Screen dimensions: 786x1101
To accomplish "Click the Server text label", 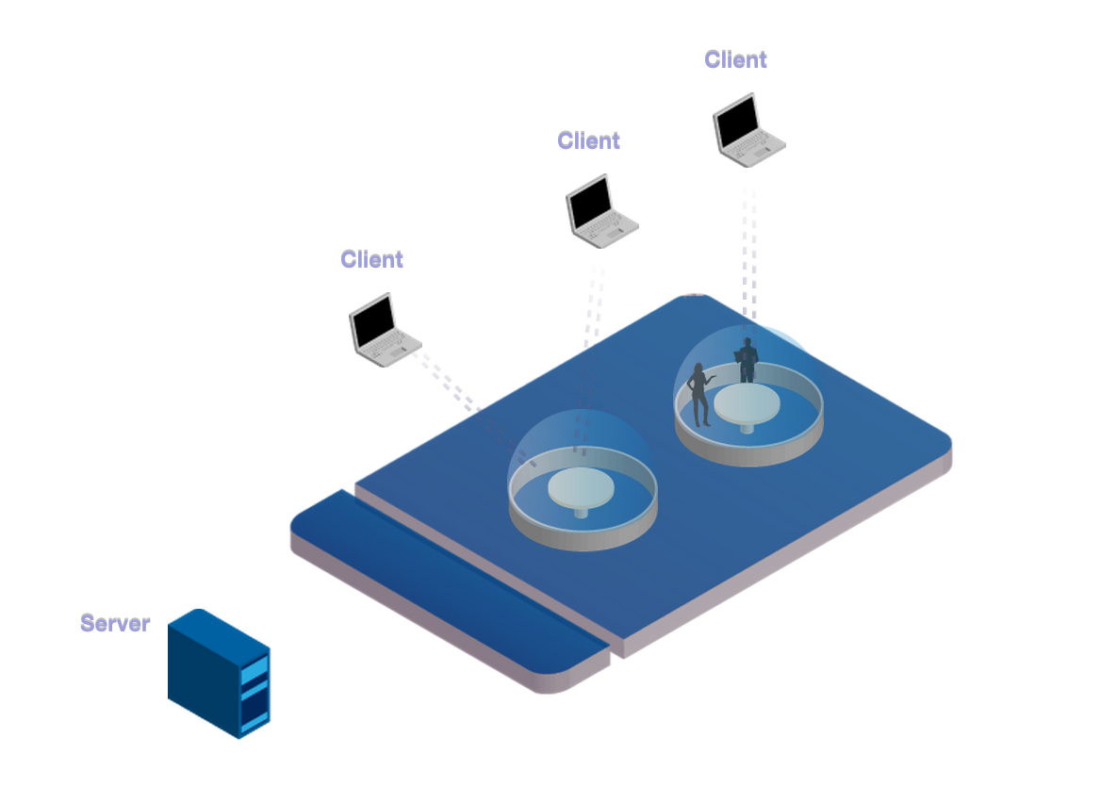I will [x=115, y=623].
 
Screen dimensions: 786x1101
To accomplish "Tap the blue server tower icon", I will [x=218, y=673].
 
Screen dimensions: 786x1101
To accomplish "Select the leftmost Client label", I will [x=371, y=259].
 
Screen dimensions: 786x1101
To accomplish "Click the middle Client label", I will [x=588, y=140].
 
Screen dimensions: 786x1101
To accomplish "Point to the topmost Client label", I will [x=735, y=59].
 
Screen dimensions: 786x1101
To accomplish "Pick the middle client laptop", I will [x=600, y=213].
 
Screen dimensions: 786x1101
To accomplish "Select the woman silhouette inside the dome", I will [x=700, y=396].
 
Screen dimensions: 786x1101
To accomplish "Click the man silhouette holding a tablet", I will [x=748, y=360].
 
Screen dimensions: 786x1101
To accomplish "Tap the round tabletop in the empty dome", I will [x=582, y=487].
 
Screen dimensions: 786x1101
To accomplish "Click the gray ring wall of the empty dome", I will [x=583, y=537].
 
